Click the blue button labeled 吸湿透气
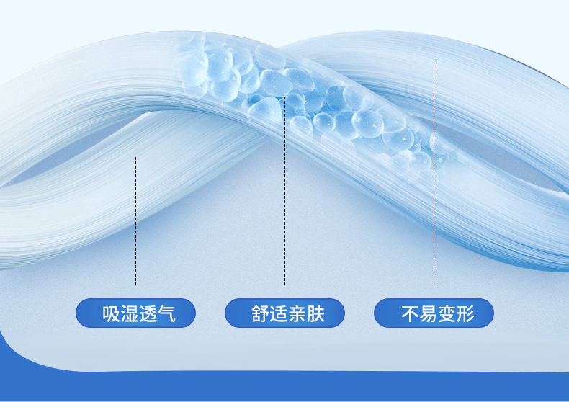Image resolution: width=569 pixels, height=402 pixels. (x=135, y=313)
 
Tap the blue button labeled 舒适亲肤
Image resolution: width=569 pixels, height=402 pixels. (x=284, y=313)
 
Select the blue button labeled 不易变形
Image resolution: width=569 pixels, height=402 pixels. (x=434, y=313)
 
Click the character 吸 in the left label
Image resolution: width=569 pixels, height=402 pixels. (x=110, y=314)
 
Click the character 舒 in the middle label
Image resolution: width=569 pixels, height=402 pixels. (x=260, y=314)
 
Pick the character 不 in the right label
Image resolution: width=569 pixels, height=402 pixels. (x=410, y=314)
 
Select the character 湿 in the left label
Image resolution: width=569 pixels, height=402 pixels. (x=128, y=314)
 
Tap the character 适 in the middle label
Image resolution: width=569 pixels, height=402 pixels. (x=278, y=314)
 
